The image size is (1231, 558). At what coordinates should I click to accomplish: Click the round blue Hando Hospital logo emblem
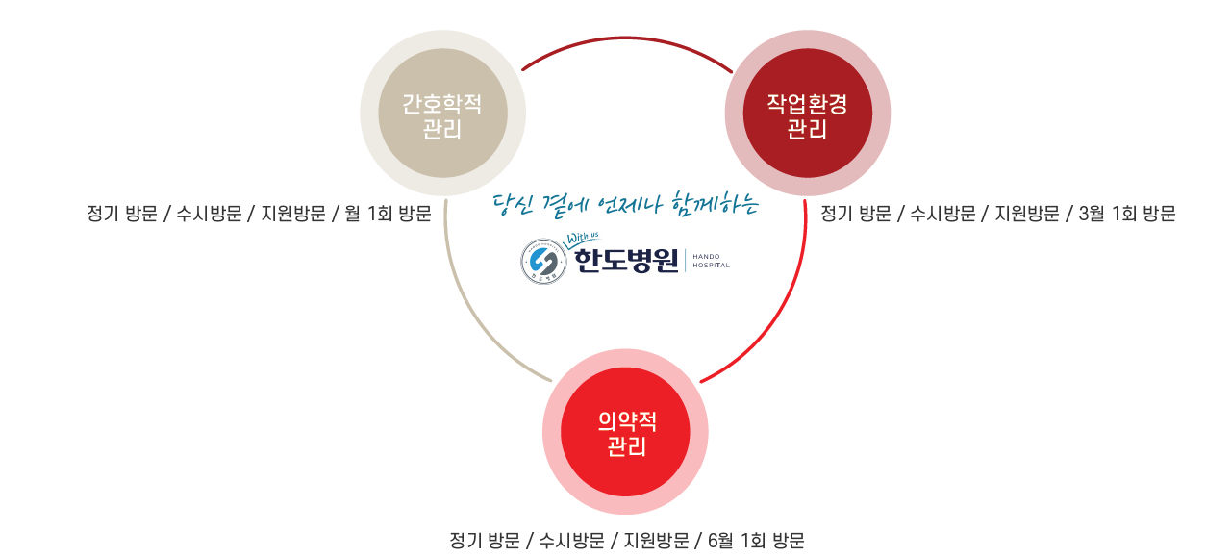pyautogui.click(x=543, y=261)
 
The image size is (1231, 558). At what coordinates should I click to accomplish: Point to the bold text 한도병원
pyautogui.click(x=626, y=261)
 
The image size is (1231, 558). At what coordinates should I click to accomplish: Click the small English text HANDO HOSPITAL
pyautogui.click(x=711, y=261)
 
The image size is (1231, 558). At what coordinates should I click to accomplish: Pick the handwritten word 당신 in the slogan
pyautogui.click(x=511, y=205)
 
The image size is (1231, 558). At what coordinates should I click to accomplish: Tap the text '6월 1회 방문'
pyautogui.click(x=756, y=541)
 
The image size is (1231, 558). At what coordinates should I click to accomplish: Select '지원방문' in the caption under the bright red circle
pyautogui.click(x=656, y=541)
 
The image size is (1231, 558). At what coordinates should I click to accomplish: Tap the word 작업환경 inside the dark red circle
pyautogui.click(x=807, y=103)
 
